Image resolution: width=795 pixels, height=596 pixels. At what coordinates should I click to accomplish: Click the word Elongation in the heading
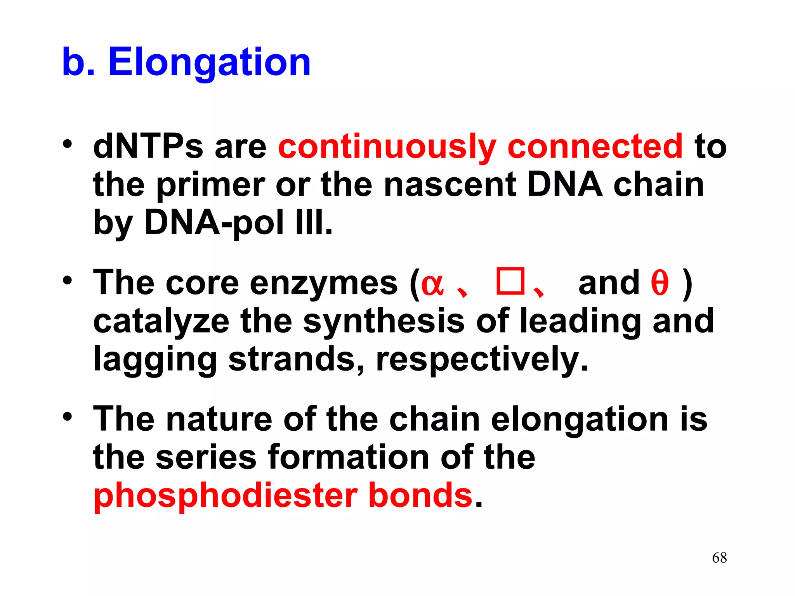pyautogui.click(x=209, y=62)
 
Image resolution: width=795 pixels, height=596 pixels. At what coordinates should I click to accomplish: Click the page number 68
pyautogui.click(x=719, y=558)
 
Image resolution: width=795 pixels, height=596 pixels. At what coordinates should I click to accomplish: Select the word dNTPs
pyautogui.click(x=148, y=146)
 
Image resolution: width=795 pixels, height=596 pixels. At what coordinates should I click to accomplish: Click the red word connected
pyautogui.click(x=595, y=146)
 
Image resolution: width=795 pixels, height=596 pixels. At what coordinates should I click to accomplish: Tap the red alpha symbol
pyautogui.click(x=432, y=283)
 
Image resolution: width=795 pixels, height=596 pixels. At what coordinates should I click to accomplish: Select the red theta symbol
pyautogui.click(x=660, y=283)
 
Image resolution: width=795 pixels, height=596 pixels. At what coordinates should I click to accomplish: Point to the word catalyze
pyautogui.click(x=161, y=321)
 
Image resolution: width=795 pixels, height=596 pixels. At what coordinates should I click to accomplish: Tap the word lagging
pyautogui.click(x=155, y=359)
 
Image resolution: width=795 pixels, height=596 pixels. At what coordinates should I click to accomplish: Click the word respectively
pyautogui.click(x=482, y=359)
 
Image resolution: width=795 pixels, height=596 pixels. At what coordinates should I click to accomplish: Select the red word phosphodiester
pyautogui.click(x=226, y=496)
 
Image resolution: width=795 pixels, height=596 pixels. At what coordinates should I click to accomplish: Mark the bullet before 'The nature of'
pyautogui.click(x=68, y=417)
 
